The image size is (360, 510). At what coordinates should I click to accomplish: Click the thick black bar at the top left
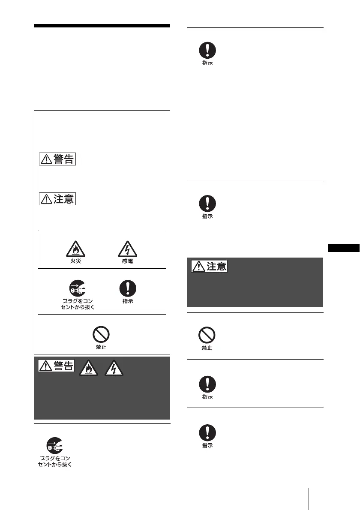[x=102, y=26]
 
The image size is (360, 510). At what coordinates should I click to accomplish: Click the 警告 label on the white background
[x=57, y=159]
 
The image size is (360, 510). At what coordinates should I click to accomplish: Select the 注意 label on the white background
[x=57, y=199]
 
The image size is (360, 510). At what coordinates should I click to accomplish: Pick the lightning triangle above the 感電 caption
[x=127, y=247]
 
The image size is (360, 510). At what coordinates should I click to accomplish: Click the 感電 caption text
[x=127, y=261]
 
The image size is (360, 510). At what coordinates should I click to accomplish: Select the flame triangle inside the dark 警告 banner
[x=87, y=367]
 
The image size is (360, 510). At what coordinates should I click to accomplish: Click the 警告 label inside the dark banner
[x=57, y=366]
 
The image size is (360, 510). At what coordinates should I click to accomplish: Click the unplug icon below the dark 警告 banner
[x=54, y=446]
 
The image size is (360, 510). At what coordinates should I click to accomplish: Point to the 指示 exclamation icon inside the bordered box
[x=127, y=288]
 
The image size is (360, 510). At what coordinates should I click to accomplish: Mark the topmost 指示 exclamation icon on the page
[x=207, y=50]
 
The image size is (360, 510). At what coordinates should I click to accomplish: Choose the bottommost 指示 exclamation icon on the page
[x=207, y=433]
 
